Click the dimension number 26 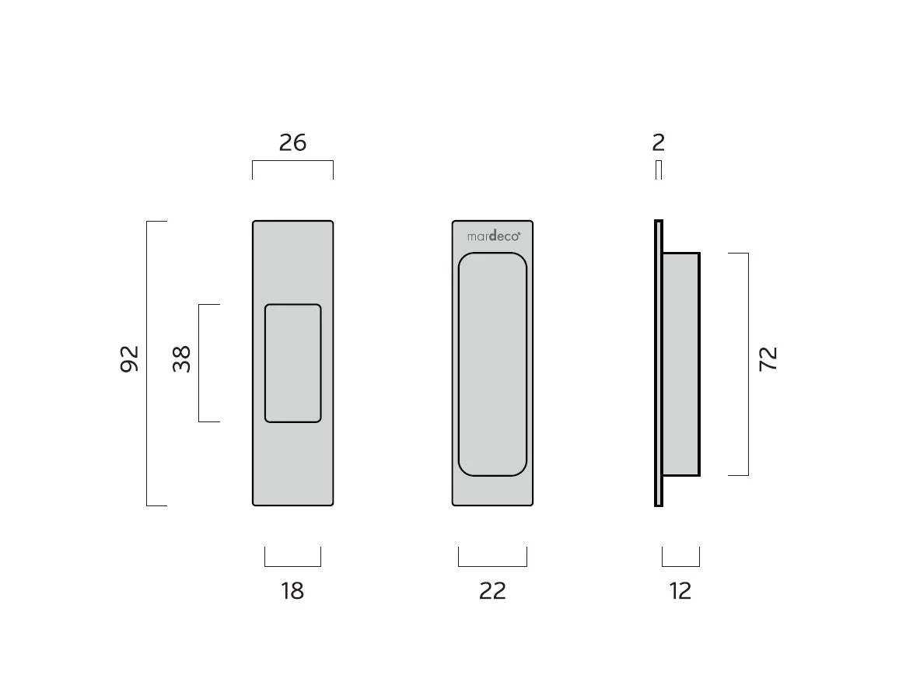pos(292,142)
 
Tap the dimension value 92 pos(130,359)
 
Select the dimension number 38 pos(181,359)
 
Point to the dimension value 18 pos(292,591)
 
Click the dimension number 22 pos(492,591)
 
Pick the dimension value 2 pos(658,142)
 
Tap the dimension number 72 pos(768,359)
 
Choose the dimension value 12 pos(680,591)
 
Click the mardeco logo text pos(494,236)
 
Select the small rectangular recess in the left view pos(293,363)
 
